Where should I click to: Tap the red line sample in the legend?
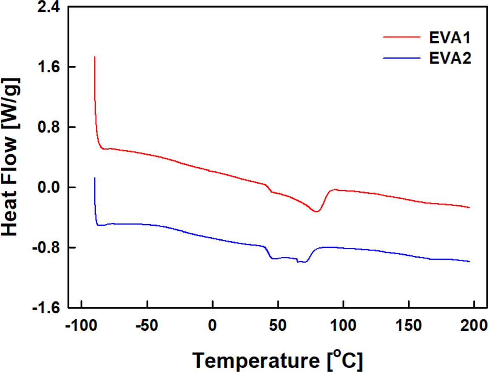point(401,37)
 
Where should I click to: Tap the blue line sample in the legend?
point(401,59)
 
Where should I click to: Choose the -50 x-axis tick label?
point(147,327)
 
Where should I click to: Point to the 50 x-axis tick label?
point(278,327)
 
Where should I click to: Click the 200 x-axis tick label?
point(474,327)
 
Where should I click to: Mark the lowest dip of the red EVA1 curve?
point(316,211)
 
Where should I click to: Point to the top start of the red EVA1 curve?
point(94,57)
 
